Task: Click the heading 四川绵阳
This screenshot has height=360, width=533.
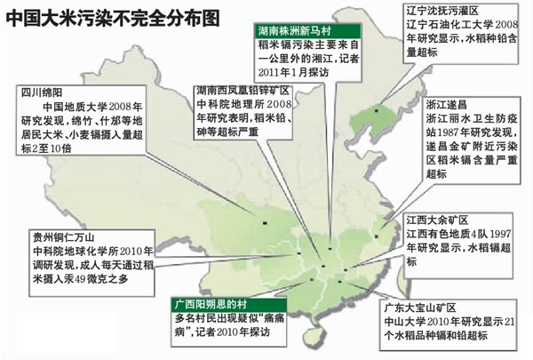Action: click(36, 91)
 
